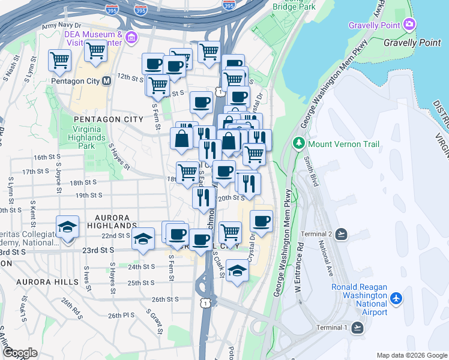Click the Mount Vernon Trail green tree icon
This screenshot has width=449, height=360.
(298, 144)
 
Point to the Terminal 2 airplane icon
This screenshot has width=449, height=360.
(341, 233)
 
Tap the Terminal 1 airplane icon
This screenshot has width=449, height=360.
(358, 327)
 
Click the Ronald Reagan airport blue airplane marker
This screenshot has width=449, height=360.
(396, 298)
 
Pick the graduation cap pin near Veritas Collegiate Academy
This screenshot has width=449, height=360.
(67, 226)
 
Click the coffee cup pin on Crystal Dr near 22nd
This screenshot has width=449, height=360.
(261, 221)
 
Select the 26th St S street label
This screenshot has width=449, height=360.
(165, 299)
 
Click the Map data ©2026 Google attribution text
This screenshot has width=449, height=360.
(411, 355)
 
